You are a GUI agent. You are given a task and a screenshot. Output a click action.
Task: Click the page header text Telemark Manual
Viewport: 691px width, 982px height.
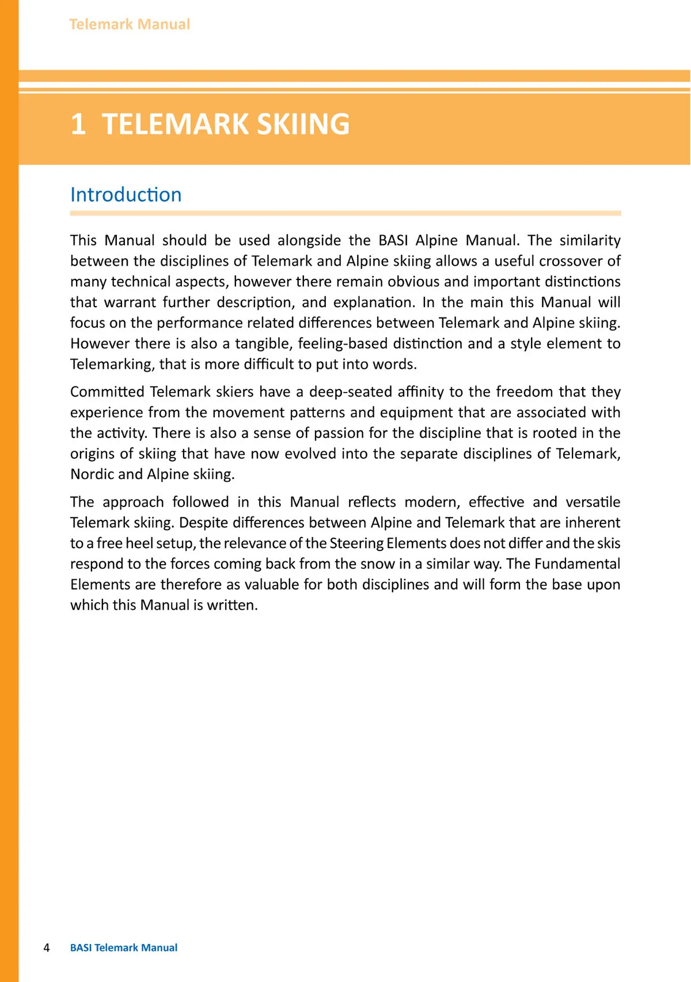[130, 24]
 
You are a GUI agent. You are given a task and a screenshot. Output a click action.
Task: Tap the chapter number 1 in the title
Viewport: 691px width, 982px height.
[78, 124]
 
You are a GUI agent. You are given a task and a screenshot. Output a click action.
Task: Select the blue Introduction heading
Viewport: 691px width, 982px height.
[126, 195]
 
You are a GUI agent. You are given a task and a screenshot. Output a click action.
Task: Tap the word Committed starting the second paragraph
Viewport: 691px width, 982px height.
[107, 392]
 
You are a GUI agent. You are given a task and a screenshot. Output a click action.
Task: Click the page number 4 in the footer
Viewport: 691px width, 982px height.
[47, 947]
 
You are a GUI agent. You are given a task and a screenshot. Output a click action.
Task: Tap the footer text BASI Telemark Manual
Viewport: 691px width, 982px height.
[124, 947]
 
